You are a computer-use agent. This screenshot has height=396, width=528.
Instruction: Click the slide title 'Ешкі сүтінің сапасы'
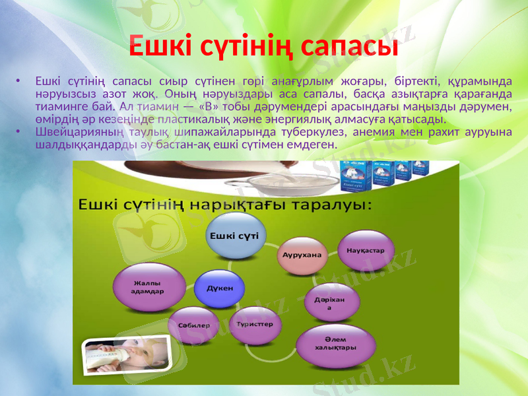coord(263,46)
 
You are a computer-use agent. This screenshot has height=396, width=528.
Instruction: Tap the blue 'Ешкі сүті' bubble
coord(234,236)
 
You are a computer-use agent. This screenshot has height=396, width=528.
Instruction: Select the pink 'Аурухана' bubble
coord(302,255)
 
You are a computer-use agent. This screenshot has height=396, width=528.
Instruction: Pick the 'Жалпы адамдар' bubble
coord(147,286)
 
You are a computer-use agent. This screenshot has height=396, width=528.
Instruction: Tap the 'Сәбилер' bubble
coord(194,325)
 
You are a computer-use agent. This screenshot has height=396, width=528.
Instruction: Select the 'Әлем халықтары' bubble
coord(336,343)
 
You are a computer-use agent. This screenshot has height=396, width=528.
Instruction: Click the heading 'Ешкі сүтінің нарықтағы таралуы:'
coord(226,204)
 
